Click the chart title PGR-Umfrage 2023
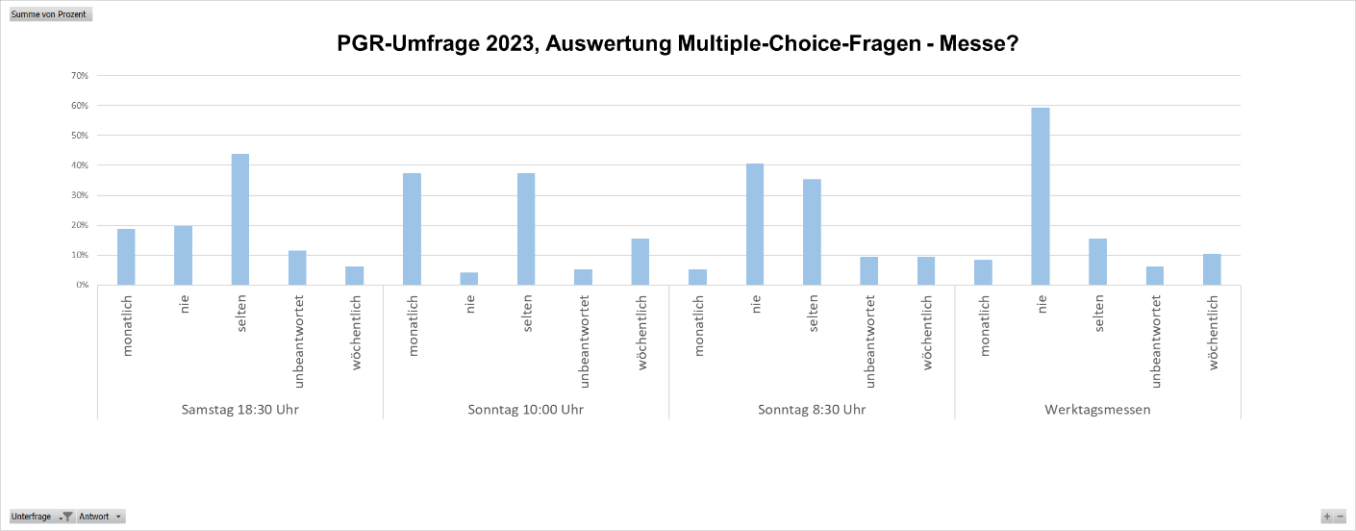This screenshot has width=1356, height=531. click(x=677, y=44)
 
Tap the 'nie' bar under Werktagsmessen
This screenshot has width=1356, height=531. click(x=1041, y=196)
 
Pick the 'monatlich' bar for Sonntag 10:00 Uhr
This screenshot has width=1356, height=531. click(x=412, y=229)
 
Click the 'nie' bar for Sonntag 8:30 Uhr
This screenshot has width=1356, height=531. click(x=755, y=224)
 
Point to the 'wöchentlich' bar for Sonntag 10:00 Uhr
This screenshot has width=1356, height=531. click(x=640, y=262)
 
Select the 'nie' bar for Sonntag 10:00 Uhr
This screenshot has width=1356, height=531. click(x=469, y=279)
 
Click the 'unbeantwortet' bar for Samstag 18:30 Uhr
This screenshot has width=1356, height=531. click(x=297, y=267)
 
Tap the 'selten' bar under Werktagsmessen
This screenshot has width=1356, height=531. click(x=1097, y=262)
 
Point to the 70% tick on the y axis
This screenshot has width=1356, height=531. click(x=80, y=75)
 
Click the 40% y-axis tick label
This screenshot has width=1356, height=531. click(x=80, y=165)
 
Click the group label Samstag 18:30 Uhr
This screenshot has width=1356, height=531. click(x=239, y=410)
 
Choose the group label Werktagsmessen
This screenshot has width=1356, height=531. click(x=1097, y=410)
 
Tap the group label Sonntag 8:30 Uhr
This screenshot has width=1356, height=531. click(x=812, y=410)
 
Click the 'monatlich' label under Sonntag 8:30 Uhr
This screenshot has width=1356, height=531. click(x=699, y=325)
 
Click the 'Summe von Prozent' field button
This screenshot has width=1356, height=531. click(x=49, y=14)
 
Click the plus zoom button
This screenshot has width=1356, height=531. click(x=1327, y=517)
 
